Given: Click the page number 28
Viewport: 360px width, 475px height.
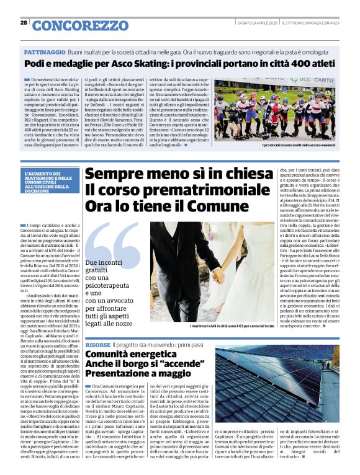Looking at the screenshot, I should [x=24, y=23].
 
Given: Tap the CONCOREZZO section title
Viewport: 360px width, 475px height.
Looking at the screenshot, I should [x=79, y=25].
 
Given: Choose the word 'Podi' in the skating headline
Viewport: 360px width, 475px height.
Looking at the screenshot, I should [x=35, y=64].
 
